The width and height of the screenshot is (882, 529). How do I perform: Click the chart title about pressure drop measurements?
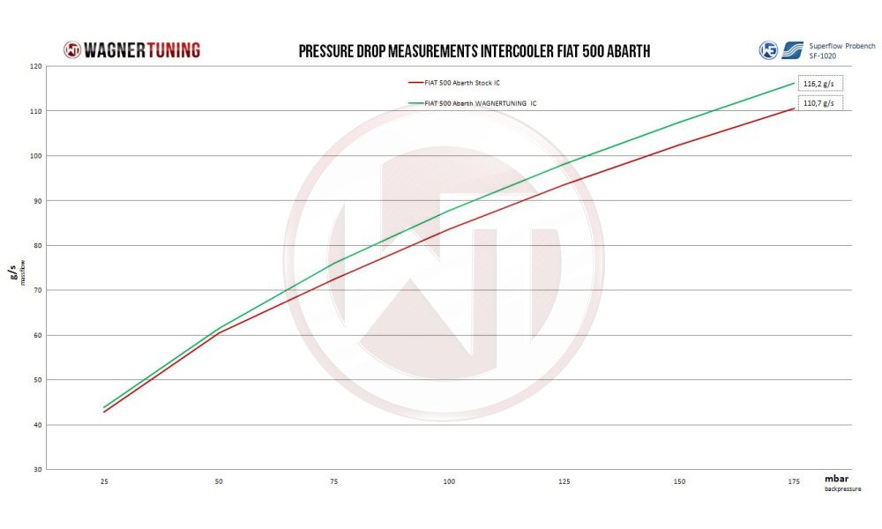[x=474, y=51]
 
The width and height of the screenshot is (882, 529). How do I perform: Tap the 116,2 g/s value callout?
[x=819, y=85]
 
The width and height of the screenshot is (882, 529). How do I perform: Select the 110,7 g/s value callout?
[x=819, y=103]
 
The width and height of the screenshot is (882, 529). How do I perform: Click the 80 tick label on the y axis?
[x=36, y=245]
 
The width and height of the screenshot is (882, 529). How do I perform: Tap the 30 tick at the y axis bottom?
[x=36, y=469]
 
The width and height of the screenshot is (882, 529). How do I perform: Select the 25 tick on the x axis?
[x=105, y=481]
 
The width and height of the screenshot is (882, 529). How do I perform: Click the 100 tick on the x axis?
[x=449, y=481]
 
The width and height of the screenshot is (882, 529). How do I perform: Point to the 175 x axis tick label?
[x=794, y=481]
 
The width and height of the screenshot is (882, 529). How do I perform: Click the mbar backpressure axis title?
[x=841, y=481]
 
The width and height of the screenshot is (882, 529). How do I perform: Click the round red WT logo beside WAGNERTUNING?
[x=72, y=50]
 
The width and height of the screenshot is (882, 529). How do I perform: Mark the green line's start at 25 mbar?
[x=105, y=407]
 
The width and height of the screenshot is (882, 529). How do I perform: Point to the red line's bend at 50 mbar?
[x=220, y=332]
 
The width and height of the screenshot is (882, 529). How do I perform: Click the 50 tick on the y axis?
[x=36, y=379]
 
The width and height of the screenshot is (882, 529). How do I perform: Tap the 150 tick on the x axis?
[x=679, y=481]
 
